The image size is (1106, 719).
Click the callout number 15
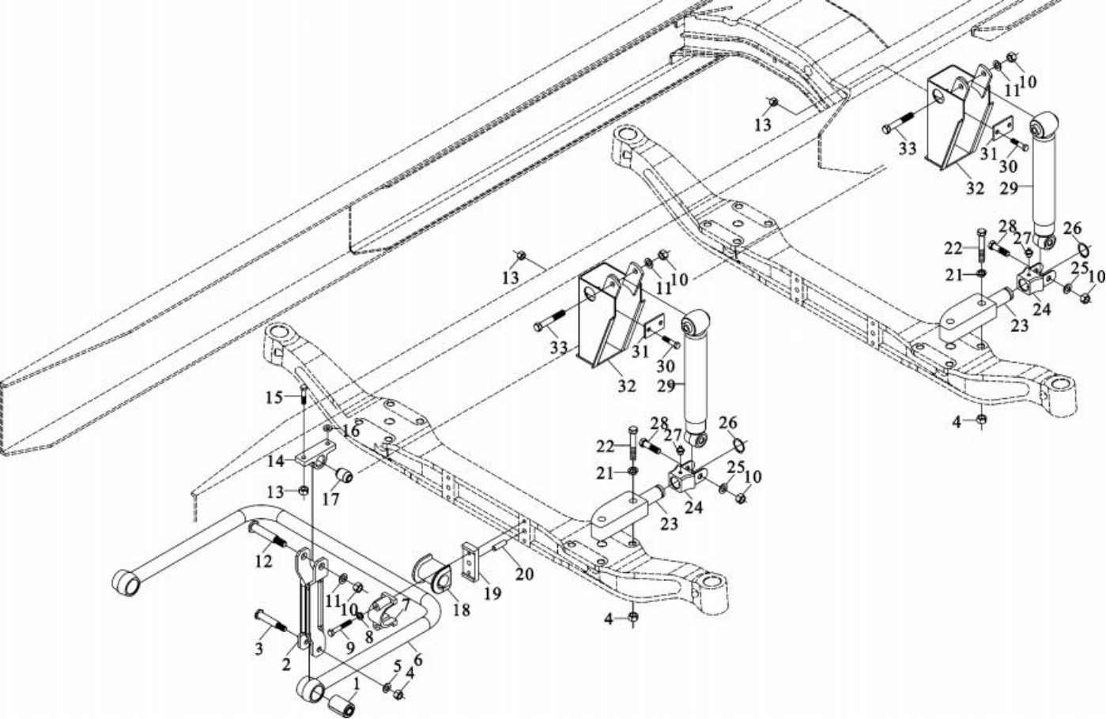tap(274, 397)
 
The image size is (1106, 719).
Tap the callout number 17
tap(330, 499)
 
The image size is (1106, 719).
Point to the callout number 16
tap(351, 431)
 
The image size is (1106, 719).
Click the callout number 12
tap(263, 561)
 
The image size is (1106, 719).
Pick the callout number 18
tap(462, 611)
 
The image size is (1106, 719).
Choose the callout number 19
tap(493, 593)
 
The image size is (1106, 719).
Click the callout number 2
tap(286, 664)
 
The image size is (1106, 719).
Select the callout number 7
tap(405, 604)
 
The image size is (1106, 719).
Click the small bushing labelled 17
tap(345, 476)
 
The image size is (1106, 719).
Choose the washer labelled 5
tap(387, 689)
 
